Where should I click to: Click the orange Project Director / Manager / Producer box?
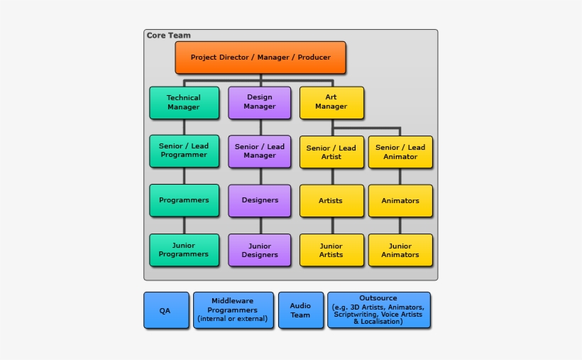pos(260,58)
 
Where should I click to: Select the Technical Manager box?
pos(184,103)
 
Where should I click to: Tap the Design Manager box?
pos(260,102)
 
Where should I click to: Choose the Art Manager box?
pos(331,102)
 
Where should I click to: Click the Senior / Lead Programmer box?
pos(184,151)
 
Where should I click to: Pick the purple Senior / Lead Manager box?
pos(260,151)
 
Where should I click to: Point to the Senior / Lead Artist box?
pos(331,152)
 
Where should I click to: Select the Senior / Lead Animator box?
pos(400,152)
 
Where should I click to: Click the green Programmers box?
pos(184,200)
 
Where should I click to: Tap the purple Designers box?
pos(260,200)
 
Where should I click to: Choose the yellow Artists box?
pos(331,201)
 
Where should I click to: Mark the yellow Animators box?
pos(400,201)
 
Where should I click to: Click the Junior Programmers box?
pos(184,250)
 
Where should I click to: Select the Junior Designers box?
pos(260,250)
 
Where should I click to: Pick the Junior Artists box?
pos(331,250)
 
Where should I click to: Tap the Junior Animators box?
pos(400,250)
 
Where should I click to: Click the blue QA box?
pos(165,310)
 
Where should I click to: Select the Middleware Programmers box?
pos(233,310)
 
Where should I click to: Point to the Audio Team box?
pos(300,310)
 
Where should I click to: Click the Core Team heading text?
pos(168,36)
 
